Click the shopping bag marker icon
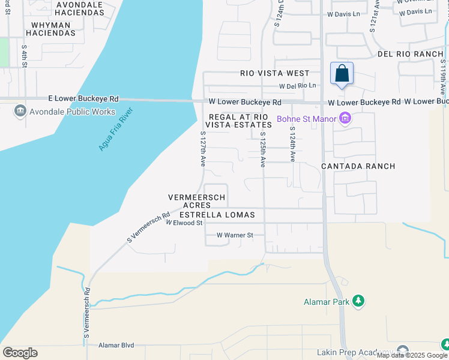point(342,74)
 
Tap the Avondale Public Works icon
point(20,111)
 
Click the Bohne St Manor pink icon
point(345,119)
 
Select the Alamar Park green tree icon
point(358,301)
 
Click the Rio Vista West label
point(274,73)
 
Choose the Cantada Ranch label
point(358,166)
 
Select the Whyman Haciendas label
point(51,29)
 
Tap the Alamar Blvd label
point(116,345)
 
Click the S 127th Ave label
point(203,149)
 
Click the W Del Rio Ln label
point(297,86)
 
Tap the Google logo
point(20,353)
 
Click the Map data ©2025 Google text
point(412,355)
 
